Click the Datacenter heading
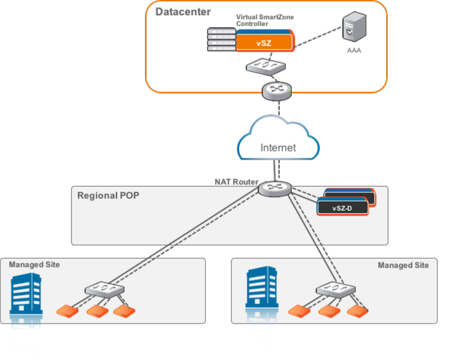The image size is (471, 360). pyautogui.click(x=183, y=11)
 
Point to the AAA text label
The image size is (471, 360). pyautogui.click(x=354, y=51)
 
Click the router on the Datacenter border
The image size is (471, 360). pyautogui.click(x=277, y=90)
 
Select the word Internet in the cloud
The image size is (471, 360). pyautogui.click(x=278, y=148)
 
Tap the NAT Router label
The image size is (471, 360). pyautogui.click(x=236, y=182)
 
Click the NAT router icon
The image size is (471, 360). pyautogui.click(x=276, y=189)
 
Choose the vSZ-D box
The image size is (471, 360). pyautogui.click(x=343, y=207)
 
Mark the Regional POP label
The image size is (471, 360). pyautogui.click(x=108, y=196)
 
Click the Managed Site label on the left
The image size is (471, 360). pyautogui.click(x=34, y=265)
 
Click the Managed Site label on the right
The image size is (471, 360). pyautogui.click(x=403, y=265)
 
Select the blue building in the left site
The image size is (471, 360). pyautogui.click(x=27, y=294)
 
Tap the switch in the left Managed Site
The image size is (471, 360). pyautogui.click(x=103, y=289)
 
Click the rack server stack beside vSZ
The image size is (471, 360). pyautogui.click(x=221, y=40)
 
